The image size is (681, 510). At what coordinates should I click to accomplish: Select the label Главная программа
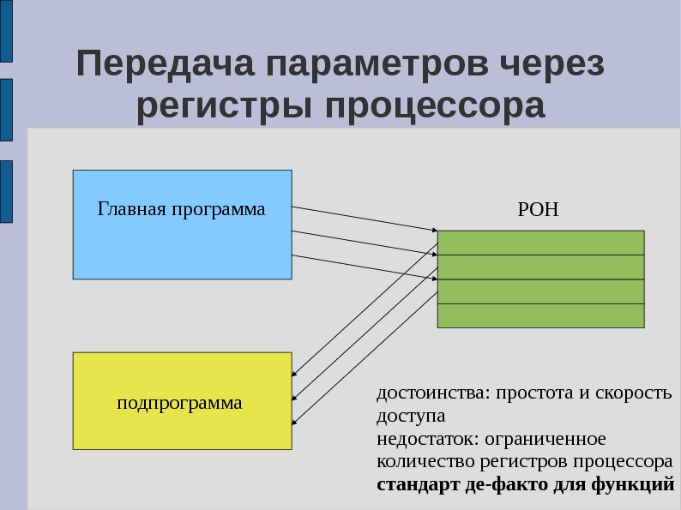[181, 209]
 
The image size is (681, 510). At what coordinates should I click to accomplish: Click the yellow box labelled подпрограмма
[182, 401]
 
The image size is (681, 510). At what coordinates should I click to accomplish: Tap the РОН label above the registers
[539, 209]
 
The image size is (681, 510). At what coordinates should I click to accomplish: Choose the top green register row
[540, 243]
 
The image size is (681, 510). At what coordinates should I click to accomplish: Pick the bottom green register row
[540, 315]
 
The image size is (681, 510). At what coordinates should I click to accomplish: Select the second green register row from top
[540, 267]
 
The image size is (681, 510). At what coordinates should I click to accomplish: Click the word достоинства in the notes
[429, 393]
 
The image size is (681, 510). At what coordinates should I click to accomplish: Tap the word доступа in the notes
[410, 417]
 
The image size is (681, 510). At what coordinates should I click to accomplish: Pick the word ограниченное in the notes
[545, 440]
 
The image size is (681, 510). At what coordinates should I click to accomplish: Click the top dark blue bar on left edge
[6, 31]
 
